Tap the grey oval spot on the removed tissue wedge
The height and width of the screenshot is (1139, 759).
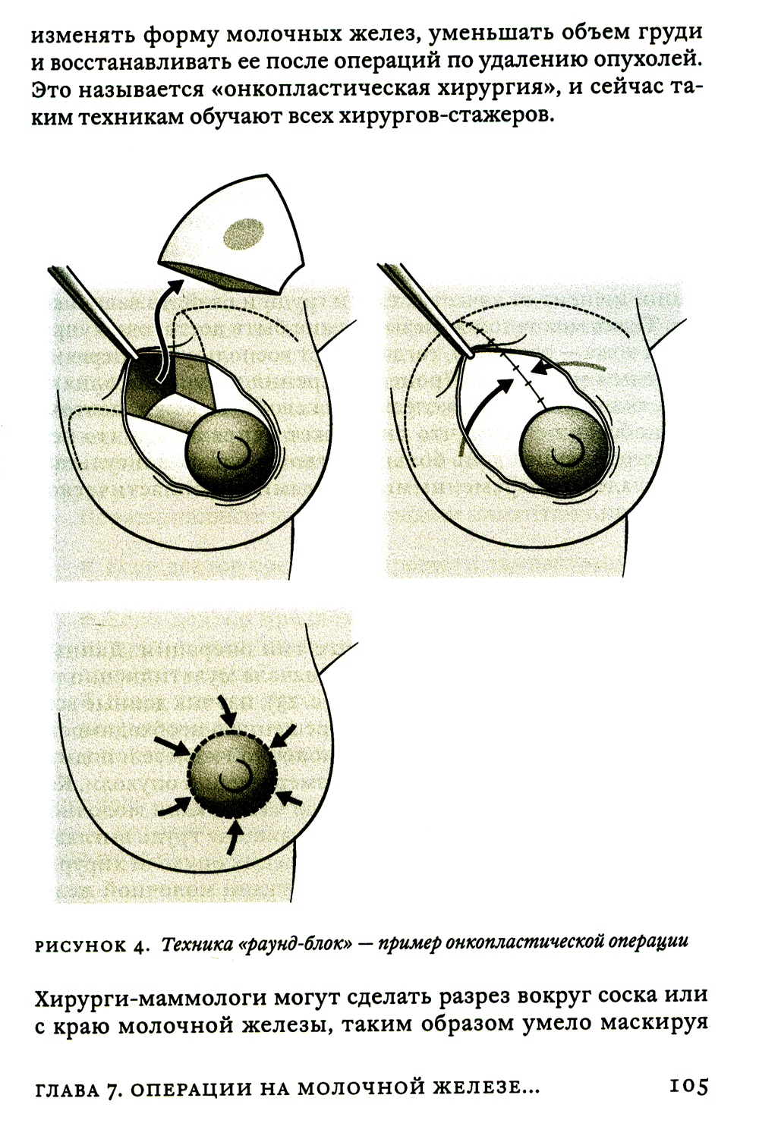(x=244, y=234)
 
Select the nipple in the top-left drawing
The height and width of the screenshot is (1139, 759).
(x=234, y=449)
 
